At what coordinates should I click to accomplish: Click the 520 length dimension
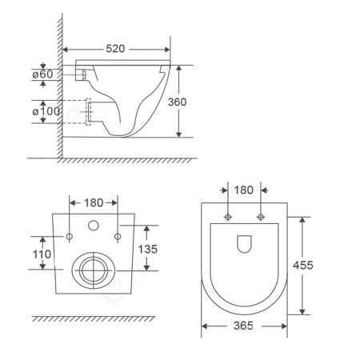click(115, 49)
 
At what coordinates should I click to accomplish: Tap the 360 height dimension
click(177, 102)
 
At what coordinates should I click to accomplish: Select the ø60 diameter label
click(42, 74)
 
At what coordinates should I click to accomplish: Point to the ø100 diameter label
click(46, 111)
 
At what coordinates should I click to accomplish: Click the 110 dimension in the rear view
click(42, 254)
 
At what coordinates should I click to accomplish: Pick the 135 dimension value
click(148, 249)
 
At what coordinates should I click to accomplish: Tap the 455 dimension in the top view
click(303, 265)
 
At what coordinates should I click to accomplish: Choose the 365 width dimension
click(243, 326)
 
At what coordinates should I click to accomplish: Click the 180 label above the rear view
click(94, 203)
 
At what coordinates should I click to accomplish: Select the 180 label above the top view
click(244, 190)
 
